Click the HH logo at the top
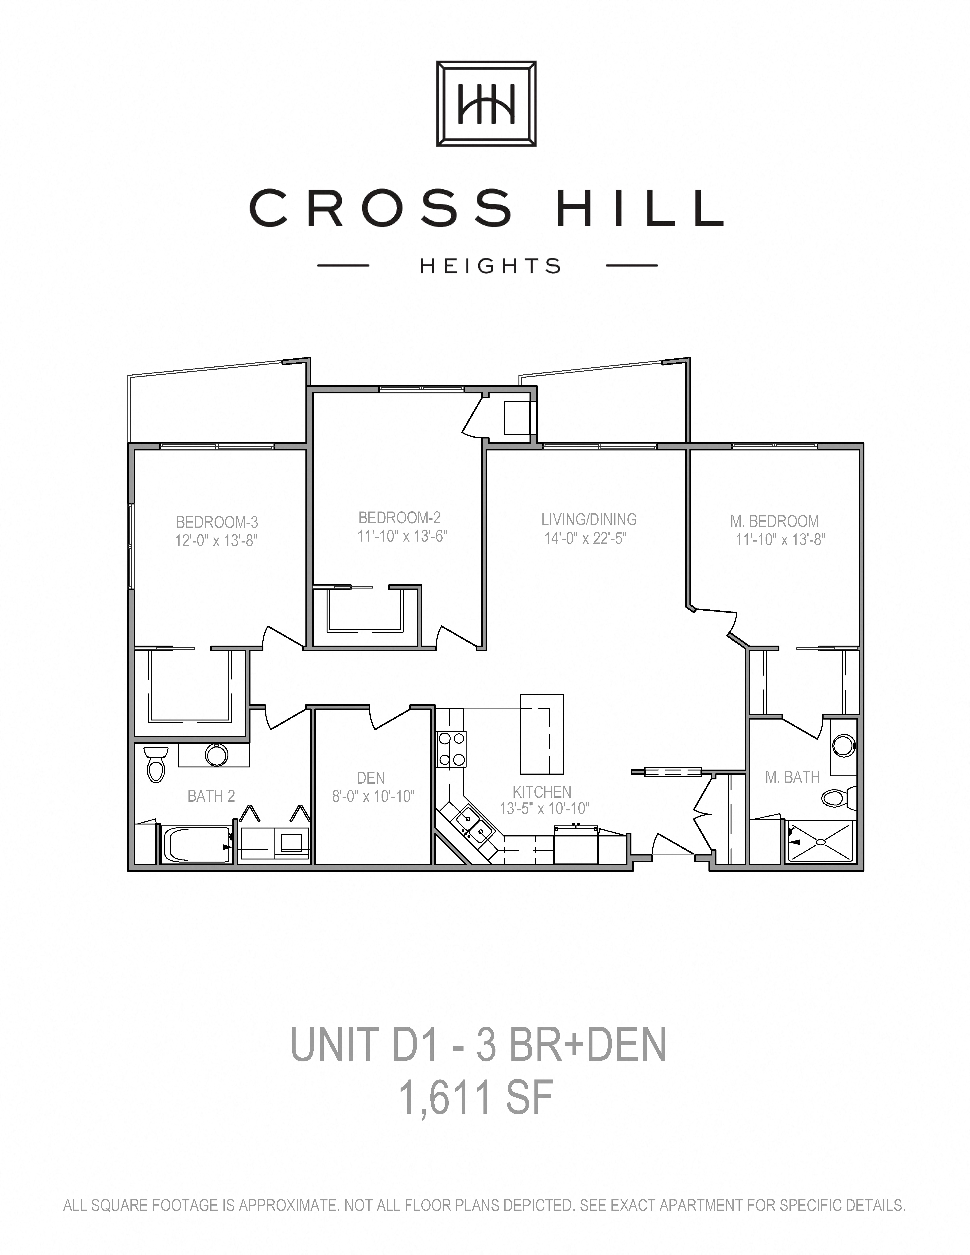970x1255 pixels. (486, 103)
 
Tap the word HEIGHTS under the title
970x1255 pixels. (490, 266)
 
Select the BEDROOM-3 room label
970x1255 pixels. (217, 522)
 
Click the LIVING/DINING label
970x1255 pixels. (589, 519)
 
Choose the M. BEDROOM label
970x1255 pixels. (775, 521)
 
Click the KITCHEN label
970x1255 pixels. (542, 792)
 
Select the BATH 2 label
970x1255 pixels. (211, 796)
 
